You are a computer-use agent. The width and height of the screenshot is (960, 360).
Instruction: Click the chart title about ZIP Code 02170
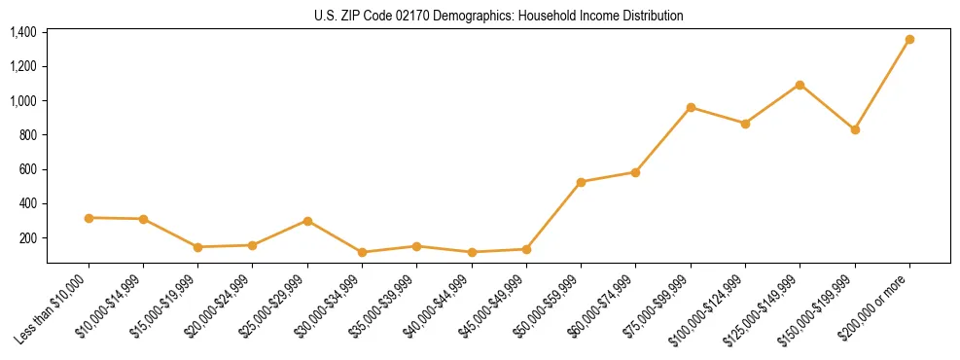pyautogui.click(x=499, y=17)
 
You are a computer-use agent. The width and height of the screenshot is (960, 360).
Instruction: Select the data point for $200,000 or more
pyautogui.click(x=909, y=40)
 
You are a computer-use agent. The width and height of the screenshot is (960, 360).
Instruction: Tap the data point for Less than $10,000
pyautogui.click(x=89, y=218)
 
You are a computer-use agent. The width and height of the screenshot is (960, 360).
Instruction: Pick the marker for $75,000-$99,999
pyautogui.click(x=691, y=107)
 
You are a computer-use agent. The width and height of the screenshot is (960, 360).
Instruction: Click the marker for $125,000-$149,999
pyautogui.click(x=800, y=85)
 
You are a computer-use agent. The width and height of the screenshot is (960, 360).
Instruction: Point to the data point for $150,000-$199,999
pyautogui.click(x=855, y=129)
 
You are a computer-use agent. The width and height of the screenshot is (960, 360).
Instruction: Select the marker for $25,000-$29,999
pyautogui.click(x=307, y=221)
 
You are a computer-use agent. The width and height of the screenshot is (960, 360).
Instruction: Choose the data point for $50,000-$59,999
pyautogui.click(x=581, y=182)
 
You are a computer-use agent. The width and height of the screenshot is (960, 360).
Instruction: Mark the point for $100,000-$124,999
pyautogui.click(x=745, y=124)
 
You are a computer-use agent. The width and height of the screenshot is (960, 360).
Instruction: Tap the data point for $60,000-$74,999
pyautogui.click(x=635, y=172)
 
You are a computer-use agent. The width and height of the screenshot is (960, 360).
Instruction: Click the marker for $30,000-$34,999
pyautogui.click(x=362, y=252)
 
